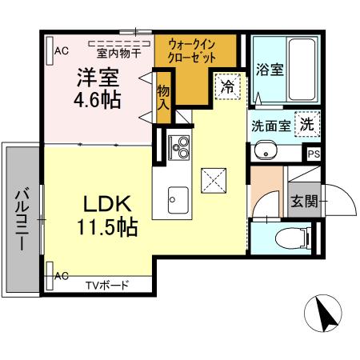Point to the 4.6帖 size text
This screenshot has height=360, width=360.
click(98, 102)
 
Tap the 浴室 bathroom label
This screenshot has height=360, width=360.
click(270, 70)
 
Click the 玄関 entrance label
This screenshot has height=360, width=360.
click(304, 201)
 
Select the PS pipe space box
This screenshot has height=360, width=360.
click(313, 154)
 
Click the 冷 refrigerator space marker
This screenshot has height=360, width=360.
click(227, 86)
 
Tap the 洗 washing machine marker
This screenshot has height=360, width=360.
click(307, 124)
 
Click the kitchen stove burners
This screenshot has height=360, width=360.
click(180, 147)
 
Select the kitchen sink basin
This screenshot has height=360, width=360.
click(177, 196)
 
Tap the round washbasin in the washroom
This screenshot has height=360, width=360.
click(264, 151)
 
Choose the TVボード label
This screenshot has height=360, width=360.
click(107, 283)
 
